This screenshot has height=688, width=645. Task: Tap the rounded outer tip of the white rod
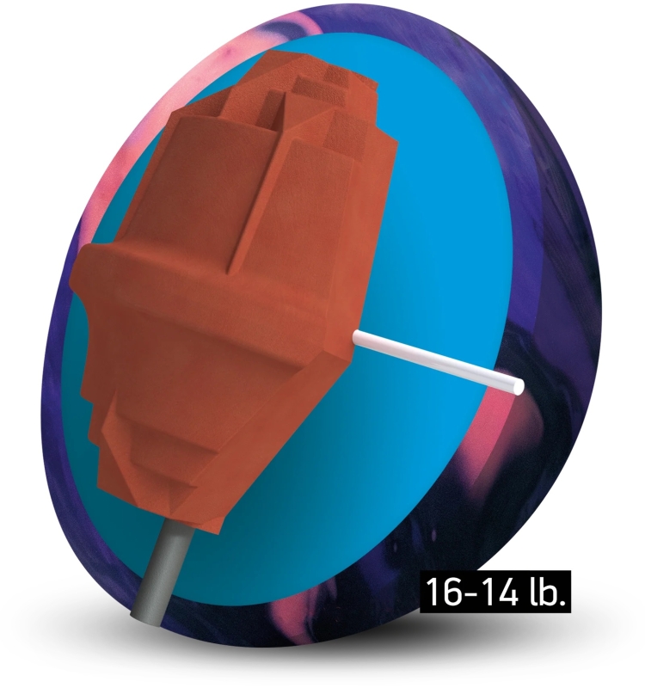521,385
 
